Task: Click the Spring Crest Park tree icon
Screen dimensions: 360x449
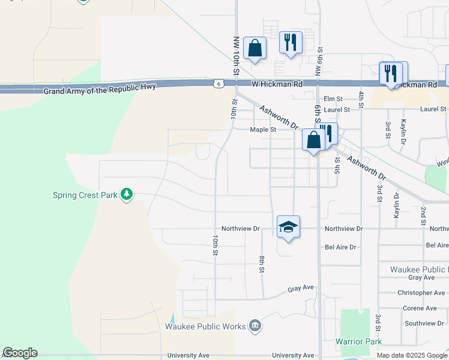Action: pos(126,194)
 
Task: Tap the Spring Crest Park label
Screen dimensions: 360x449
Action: pos(85,195)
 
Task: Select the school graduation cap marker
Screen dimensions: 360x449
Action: pos(288,227)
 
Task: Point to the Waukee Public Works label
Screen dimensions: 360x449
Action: pos(205,326)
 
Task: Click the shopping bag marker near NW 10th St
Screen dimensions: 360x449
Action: pos(255,49)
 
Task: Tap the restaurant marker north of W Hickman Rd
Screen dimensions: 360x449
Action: pos(291,42)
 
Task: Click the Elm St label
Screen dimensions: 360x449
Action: pos(332,98)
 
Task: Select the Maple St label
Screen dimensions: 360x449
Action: pos(263,129)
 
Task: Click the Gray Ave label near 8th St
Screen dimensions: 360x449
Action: pos(301,288)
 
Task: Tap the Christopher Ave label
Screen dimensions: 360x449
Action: pos(421,293)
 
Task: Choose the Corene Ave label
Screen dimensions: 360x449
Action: pos(420,308)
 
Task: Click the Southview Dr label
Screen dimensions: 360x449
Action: pos(423,323)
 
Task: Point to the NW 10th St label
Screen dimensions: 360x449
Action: pos(237,55)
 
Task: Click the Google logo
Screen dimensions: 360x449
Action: pos(20,353)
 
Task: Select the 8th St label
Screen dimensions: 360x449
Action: pos(262,265)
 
